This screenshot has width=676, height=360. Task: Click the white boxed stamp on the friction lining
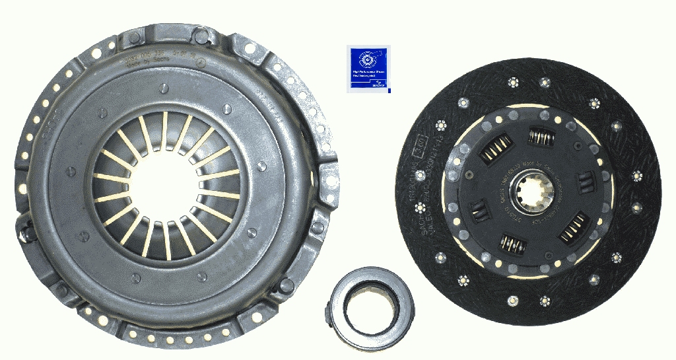[x=418, y=142]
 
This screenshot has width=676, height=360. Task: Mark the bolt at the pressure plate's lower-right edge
[x=286, y=285]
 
